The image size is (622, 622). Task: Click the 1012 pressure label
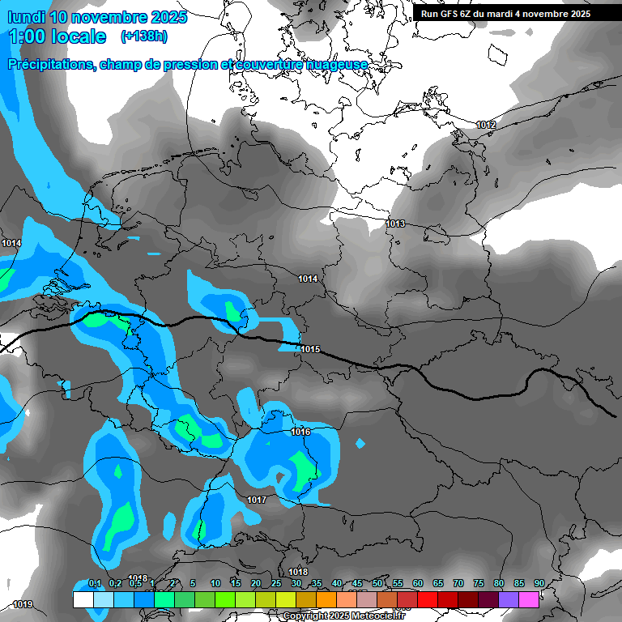click(x=486, y=125)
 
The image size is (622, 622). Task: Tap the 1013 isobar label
click(x=395, y=224)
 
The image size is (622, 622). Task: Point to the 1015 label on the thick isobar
click(x=311, y=349)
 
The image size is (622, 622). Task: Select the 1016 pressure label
click(x=300, y=432)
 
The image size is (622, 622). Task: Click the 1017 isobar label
click(x=257, y=500)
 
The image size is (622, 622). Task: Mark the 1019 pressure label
click(x=23, y=604)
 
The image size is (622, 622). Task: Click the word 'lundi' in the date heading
click(x=25, y=17)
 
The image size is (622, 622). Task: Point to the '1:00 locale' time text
click(x=57, y=36)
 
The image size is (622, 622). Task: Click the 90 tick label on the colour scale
click(x=539, y=583)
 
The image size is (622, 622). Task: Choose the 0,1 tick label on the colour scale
click(x=94, y=583)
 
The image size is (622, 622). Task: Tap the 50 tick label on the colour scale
click(x=377, y=583)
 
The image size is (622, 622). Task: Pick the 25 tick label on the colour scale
click(x=276, y=583)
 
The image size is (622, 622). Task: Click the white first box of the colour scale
click(x=83, y=599)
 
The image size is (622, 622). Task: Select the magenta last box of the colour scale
click(x=529, y=599)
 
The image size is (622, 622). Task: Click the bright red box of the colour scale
click(x=428, y=599)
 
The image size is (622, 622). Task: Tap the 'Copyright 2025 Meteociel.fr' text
click(x=343, y=616)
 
